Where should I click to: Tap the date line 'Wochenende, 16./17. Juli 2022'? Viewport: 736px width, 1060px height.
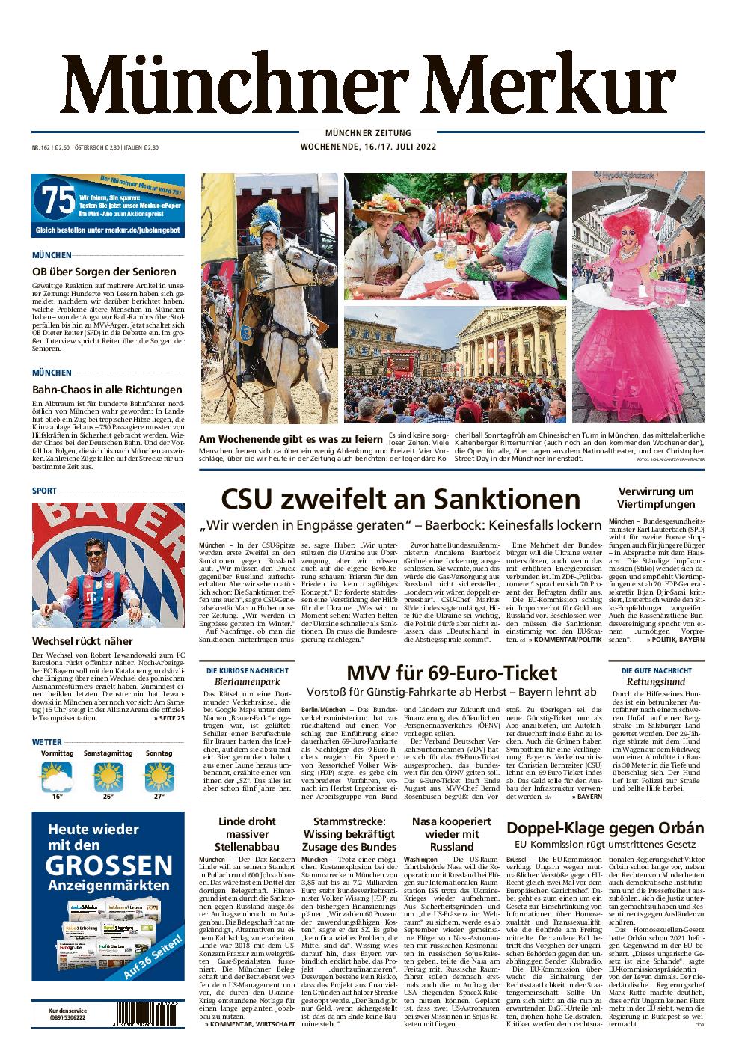click(367, 147)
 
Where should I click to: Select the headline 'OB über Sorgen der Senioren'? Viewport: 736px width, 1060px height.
click(104, 272)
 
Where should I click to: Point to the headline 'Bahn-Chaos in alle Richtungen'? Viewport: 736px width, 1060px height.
click(107, 390)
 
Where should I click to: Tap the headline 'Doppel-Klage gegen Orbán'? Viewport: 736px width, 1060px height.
click(605, 828)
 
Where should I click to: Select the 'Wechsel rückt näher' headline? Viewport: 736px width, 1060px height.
click(82, 640)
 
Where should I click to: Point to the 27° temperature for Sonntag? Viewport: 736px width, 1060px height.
click(158, 797)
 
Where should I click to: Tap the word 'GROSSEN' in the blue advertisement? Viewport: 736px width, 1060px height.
click(108, 866)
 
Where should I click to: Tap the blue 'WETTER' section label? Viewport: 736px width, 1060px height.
click(47, 741)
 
